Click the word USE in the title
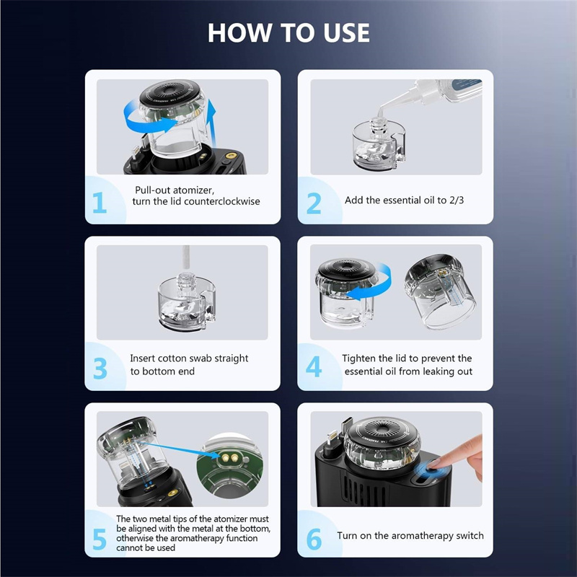pyautogui.click(x=346, y=32)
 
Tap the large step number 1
pyautogui.click(x=100, y=203)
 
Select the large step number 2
pyautogui.click(x=314, y=203)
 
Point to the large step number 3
pyautogui.click(x=100, y=369)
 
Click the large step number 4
pyautogui.click(x=314, y=366)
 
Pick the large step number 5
pyautogui.click(x=100, y=539)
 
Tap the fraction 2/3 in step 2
pyautogui.click(x=457, y=200)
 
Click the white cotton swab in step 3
pyautogui.click(x=186, y=260)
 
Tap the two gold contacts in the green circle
pyautogui.click(x=229, y=458)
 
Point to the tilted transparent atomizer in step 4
pyautogui.click(x=440, y=291)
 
